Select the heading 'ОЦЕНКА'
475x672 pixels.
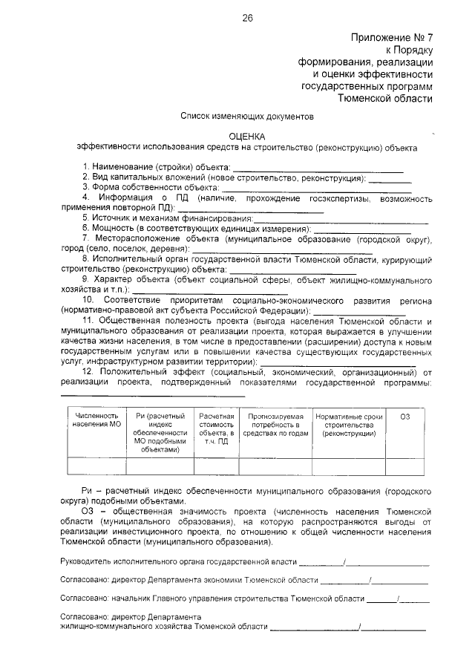pos(248,136)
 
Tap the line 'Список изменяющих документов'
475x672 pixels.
pos(248,116)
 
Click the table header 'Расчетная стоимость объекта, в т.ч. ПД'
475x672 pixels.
pos(216,430)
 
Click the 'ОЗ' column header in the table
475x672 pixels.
pos(404,417)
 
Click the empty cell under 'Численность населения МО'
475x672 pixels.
pos(96,466)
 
